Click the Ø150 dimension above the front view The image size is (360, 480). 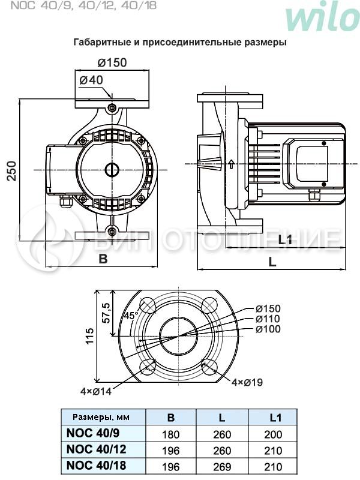112,62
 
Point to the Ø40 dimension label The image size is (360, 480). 91,80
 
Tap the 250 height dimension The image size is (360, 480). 11,170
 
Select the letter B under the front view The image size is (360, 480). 103,259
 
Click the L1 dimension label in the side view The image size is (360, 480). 285,240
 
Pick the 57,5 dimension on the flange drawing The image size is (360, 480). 106,313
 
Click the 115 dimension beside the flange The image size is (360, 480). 89,336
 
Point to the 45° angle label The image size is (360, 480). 131,315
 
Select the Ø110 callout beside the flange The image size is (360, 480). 268,319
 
